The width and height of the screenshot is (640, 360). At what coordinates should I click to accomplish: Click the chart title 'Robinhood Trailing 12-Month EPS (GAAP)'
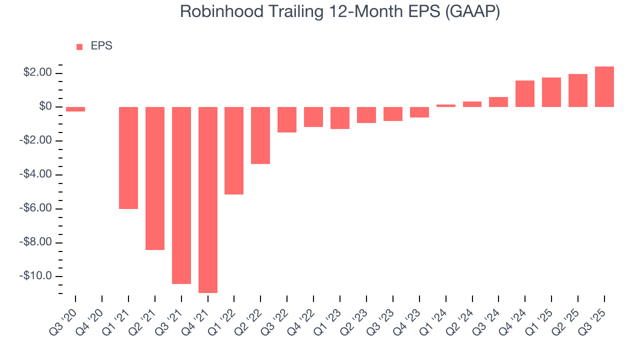(x=340, y=12)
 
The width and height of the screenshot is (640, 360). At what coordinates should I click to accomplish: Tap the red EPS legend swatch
(x=79, y=47)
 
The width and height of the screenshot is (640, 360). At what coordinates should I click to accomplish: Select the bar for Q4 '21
(x=208, y=199)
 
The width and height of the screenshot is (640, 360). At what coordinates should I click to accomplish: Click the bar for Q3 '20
(x=75, y=109)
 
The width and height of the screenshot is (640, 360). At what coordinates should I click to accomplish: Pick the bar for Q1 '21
(x=128, y=157)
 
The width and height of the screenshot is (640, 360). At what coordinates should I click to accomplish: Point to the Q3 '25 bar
(x=604, y=87)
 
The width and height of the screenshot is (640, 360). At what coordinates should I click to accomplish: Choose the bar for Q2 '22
(x=260, y=135)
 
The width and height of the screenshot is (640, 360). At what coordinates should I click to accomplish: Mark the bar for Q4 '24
(x=524, y=93)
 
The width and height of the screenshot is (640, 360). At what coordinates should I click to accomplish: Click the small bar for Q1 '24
(x=445, y=105)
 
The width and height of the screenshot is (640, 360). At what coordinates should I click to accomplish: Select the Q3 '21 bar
(x=181, y=195)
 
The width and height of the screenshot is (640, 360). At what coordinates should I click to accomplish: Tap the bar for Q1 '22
(x=234, y=150)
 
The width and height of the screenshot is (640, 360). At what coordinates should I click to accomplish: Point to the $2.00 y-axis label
(x=37, y=73)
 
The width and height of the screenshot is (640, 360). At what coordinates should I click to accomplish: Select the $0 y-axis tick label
(x=45, y=107)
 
